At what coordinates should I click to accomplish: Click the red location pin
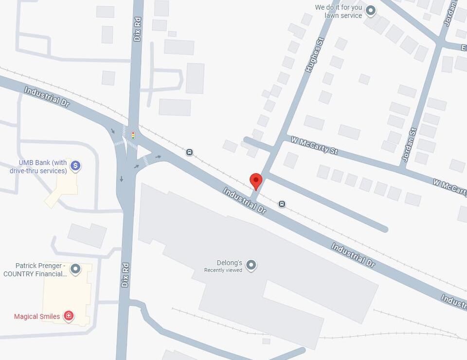click(256, 181)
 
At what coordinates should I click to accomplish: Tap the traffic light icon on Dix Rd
click(133, 135)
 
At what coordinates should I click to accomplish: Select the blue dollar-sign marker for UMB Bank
click(75, 166)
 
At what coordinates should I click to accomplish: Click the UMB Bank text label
click(38, 167)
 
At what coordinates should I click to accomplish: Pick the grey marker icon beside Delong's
click(251, 265)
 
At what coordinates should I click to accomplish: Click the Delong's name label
click(230, 263)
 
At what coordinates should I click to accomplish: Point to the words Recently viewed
click(223, 270)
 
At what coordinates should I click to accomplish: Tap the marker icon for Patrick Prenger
click(75, 269)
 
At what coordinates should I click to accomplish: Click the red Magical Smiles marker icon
click(69, 316)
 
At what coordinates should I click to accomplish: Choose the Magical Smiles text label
click(37, 317)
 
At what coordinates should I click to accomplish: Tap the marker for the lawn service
click(371, 10)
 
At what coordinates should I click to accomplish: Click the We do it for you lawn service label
click(339, 11)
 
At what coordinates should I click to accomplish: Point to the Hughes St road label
click(314, 56)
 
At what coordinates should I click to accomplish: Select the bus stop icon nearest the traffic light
click(189, 152)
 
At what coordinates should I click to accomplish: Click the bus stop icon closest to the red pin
click(282, 204)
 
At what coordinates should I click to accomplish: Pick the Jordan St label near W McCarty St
click(410, 144)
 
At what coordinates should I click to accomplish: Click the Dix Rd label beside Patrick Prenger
click(125, 275)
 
